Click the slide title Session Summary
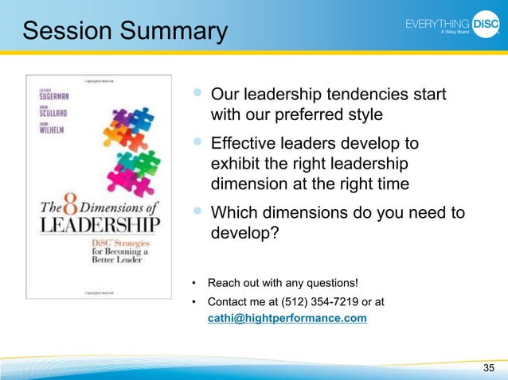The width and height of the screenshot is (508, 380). (x=125, y=31)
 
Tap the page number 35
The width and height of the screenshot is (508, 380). (x=488, y=366)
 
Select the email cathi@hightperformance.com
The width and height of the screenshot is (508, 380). (x=287, y=318)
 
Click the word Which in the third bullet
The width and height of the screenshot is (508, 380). (x=232, y=214)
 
